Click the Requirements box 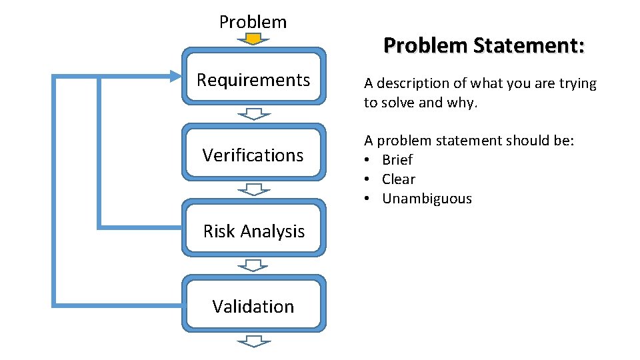(x=253, y=81)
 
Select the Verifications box (x=253, y=155)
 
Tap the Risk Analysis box (x=253, y=231)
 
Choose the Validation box (x=253, y=307)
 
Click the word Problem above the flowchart (x=253, y=22)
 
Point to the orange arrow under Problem (x=253, y=40)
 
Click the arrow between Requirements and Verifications (x=253, y=113)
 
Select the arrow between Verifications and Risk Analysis (x=253, y=189)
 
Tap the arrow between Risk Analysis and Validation (x=253, y=265)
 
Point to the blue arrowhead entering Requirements (x=175, y=77)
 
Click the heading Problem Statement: (x=484, y=46)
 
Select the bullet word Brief (x=397, y=160)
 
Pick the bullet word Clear (x=399, y=179)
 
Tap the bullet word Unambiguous (x=427, y=199)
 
